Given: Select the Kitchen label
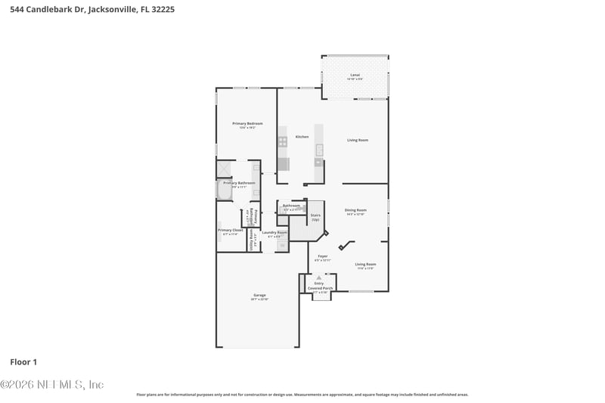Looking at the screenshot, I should point(302,137).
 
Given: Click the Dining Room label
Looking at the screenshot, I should point(355,211).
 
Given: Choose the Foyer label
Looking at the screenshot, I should point(323,257).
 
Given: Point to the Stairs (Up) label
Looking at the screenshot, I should point(315,217).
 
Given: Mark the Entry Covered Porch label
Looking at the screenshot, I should point(318,287).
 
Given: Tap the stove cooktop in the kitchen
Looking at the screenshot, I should point(283,141).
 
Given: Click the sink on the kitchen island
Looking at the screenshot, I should point(319,148).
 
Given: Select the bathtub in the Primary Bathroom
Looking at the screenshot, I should point(225,190).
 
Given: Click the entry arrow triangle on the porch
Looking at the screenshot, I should point(318,277).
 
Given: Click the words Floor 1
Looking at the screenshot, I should point(24,362).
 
